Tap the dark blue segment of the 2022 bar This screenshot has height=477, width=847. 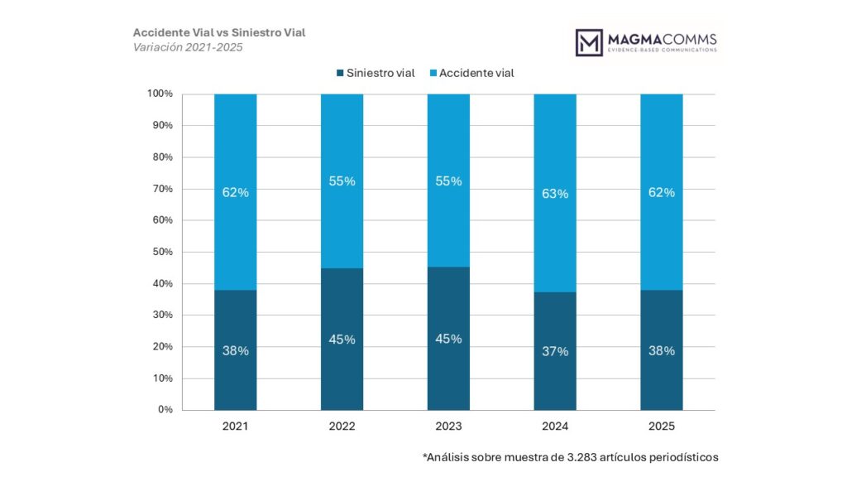pos(342,373)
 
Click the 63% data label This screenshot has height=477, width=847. pos(555,194)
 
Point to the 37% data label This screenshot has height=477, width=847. pos(555,351)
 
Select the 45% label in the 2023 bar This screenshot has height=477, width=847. pos(448,339)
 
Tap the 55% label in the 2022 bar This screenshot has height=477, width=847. pos(342,181)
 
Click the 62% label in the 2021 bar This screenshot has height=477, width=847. pos(235,192)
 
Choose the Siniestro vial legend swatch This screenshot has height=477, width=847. pos(340,73)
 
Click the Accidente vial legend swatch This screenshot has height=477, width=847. pos(433,73)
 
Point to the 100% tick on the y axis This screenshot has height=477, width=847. pos(160,94)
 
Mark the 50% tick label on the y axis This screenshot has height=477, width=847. pos(162,252)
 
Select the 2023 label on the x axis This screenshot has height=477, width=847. pos(448,426)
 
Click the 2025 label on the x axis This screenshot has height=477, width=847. pos(662,426)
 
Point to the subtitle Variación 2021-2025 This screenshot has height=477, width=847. pos(188,47)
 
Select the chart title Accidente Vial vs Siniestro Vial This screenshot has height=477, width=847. pos(219,32)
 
